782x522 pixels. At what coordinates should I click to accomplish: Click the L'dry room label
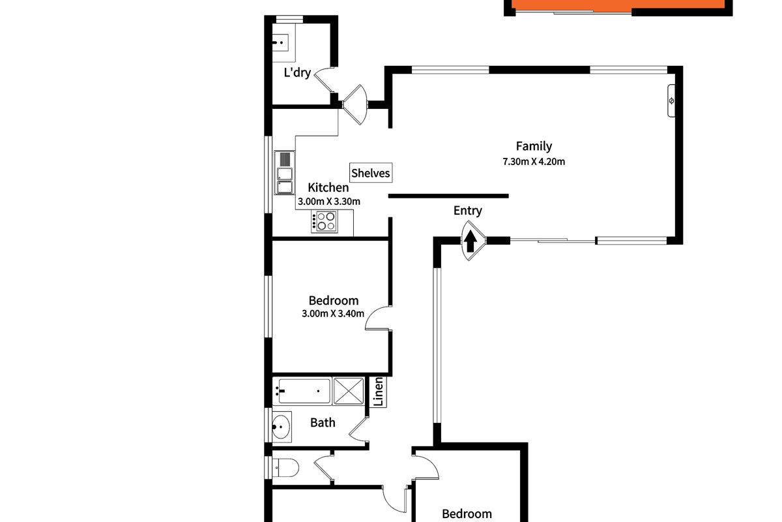click(x=297, y=72)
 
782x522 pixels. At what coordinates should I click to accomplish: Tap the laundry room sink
click(x=282, y=42)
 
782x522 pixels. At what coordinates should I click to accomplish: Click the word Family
click(x=534, y=146)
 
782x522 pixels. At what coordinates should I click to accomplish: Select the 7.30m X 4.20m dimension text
click(x=533, y=162)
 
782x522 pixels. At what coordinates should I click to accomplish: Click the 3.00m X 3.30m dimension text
click(x=329, y=202)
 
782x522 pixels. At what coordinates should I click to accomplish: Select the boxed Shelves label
click(x=371, y=173)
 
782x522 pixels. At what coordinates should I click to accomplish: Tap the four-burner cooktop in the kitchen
click(x=325, y=222)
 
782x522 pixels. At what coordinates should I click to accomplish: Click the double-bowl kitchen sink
click(x=285, y=173)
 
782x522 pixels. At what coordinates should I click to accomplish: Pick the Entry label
click(x=468, y=210)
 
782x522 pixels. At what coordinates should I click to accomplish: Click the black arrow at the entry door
click(x=471, y=241)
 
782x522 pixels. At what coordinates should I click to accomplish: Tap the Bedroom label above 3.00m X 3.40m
click(x=334, y=301)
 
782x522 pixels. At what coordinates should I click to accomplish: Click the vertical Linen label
click(x=377, y=393)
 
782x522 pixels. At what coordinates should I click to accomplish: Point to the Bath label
click(x=323, y=423)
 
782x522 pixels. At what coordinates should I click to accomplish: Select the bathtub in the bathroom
click(x=303, y=391)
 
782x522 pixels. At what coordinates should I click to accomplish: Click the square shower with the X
click(x=351, y=391)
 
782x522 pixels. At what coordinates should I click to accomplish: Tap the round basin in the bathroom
click(x=281, y=427)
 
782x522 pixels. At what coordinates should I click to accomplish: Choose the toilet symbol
click(x=285, y=467)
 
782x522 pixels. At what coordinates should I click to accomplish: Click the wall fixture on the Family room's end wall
click(x=672, y=100)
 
